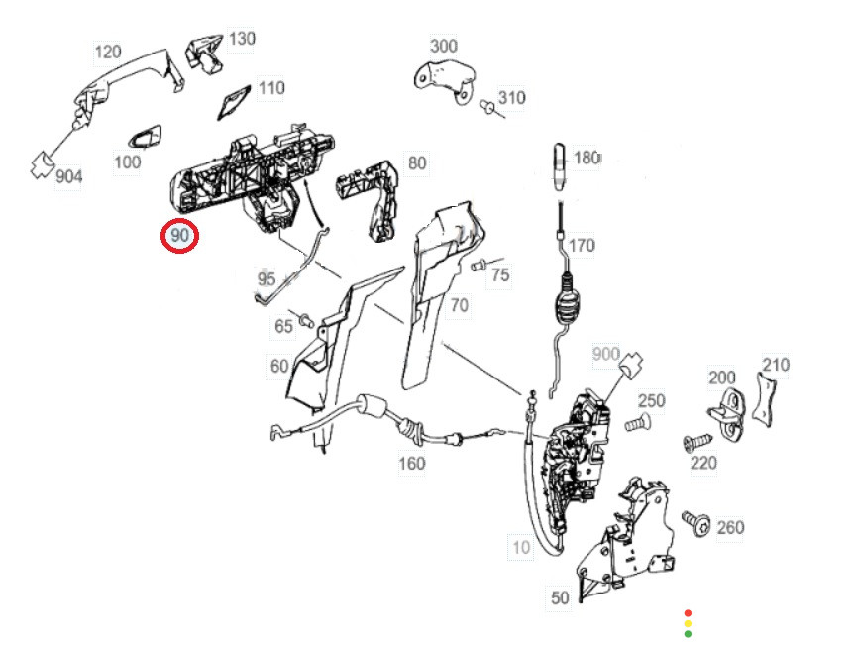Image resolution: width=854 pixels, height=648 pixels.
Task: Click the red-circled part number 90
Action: pyautogui.click(x=179, y=235)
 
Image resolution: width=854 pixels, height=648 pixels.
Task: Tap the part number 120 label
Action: pyautogui.click(x=108, y=53)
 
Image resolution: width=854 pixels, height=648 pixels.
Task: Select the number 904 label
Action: pyautogui.click(x=69, y=176)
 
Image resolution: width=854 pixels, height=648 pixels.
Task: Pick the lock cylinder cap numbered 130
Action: pyautogui.click(x=205, y=53)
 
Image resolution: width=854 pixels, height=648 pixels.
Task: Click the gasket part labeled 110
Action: pyautogui.click(x=234, y=102)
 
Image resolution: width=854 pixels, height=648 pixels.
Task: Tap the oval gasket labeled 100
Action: pyautogui.click(x=145, y=137)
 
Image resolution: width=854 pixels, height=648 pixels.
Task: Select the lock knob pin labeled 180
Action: pyautogui.click(x=560, y=166)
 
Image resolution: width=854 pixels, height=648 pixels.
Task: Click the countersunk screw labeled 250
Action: pyautogui.click(x=637, y=423)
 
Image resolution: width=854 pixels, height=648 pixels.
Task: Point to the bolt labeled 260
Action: pyautogui.click(x=696, y=524)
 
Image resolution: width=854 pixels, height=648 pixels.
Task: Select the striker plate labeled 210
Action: pyautogui.click(x=764, y=398)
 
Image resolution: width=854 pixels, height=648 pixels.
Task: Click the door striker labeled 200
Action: pyautogui.click(x=729, y=413)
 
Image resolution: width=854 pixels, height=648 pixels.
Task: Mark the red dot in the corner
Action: pyautogui.click(x=688, y=613)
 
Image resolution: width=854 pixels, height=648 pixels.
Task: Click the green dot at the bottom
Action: pyautogui.click(x=688, y=634)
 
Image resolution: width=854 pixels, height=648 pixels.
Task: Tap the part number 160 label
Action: pyautogui.click(x=412, y=464)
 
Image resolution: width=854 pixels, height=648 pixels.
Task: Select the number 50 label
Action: pyautogui.click(x=560, y=597)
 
